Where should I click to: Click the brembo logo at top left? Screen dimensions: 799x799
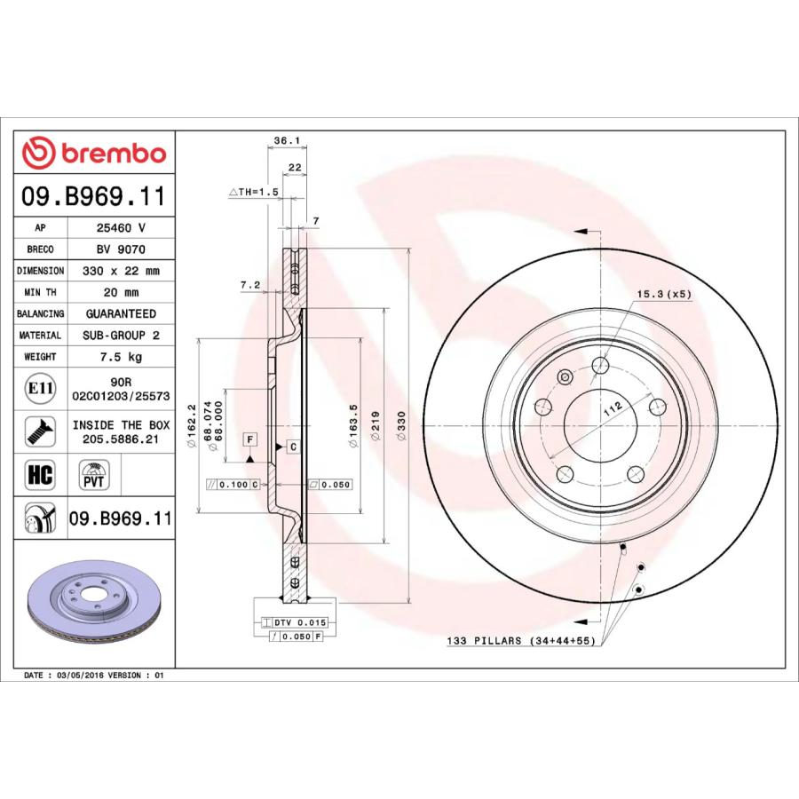(x=94, y=153)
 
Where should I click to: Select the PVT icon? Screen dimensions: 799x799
(x=92, y=476)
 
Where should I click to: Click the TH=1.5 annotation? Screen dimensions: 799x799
(x=254, y=192)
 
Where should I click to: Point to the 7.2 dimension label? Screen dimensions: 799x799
(x=249, y=285)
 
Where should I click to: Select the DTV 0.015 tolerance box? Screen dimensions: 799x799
(x=292, y=623)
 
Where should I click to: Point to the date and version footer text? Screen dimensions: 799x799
(x=94, y=676)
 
